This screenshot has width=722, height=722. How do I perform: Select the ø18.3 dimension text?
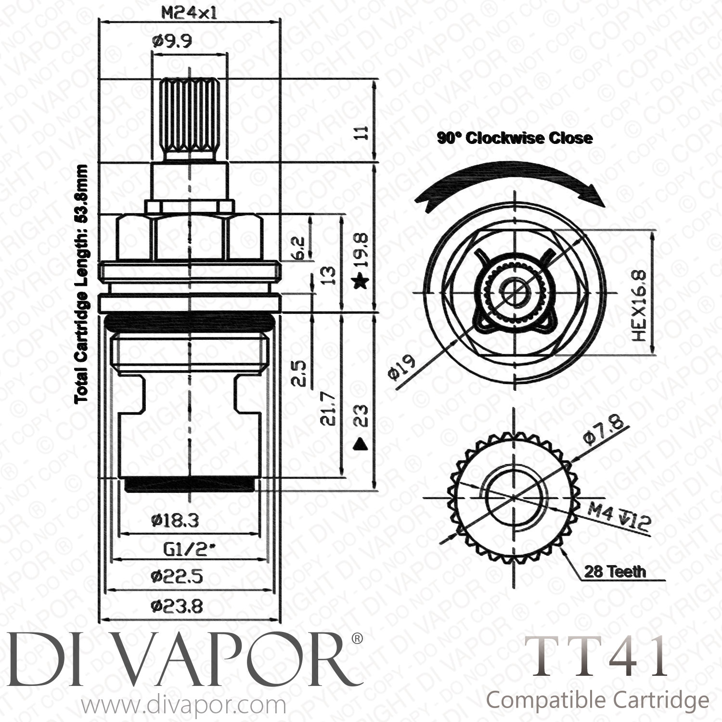click(174, 520)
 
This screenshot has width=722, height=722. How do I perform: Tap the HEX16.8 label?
click(638, 306)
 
